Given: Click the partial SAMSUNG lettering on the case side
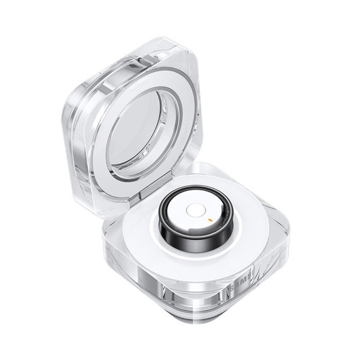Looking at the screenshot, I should (x=240, y=284).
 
